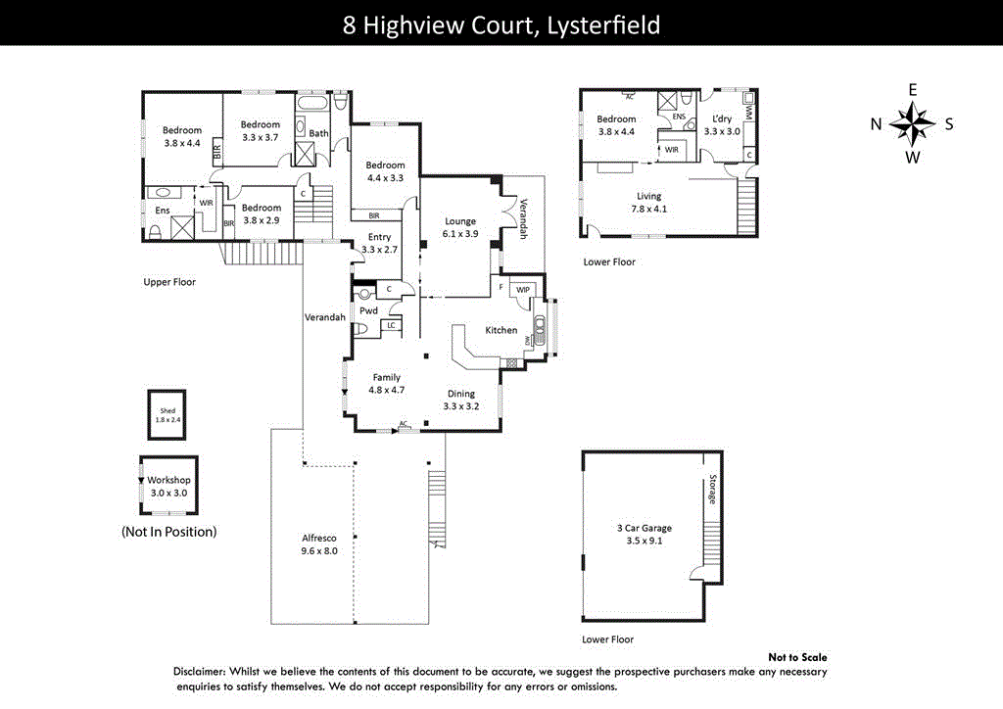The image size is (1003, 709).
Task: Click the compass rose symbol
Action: pyautogui.click(x=912, y=123)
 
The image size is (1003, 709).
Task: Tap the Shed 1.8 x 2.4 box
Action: pyautogui.click(x=167, y=414)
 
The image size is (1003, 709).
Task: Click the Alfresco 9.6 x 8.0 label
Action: pyautogui.click(x=317, y=544)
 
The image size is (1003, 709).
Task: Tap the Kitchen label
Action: pyautogui.click(x=501, y=330)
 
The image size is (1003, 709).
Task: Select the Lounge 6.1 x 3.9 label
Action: pyautogui.click(x=459, y=227)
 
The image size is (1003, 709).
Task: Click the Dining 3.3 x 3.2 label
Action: pyautogui.click(x=460, y=400)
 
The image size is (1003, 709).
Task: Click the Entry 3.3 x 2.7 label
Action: pyautogui.click(x=379, y=243)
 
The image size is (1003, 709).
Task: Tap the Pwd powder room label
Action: pyautogui.click(x=368, y=310)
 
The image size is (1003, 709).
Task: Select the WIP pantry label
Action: pyautogui.click(x=522, y=290)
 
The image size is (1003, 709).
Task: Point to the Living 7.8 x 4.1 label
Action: pyautogui.click(x=648, y=202)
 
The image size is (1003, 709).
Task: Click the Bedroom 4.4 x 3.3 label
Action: pyautogui.click(x=385, y=171)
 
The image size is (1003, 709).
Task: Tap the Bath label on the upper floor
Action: pyautogui.click(x=319, y=133)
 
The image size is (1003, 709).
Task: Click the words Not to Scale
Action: pyautogui.click(x=797, y=657)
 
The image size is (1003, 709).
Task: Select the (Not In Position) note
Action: pyautogui.click(x=168, y=532)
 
